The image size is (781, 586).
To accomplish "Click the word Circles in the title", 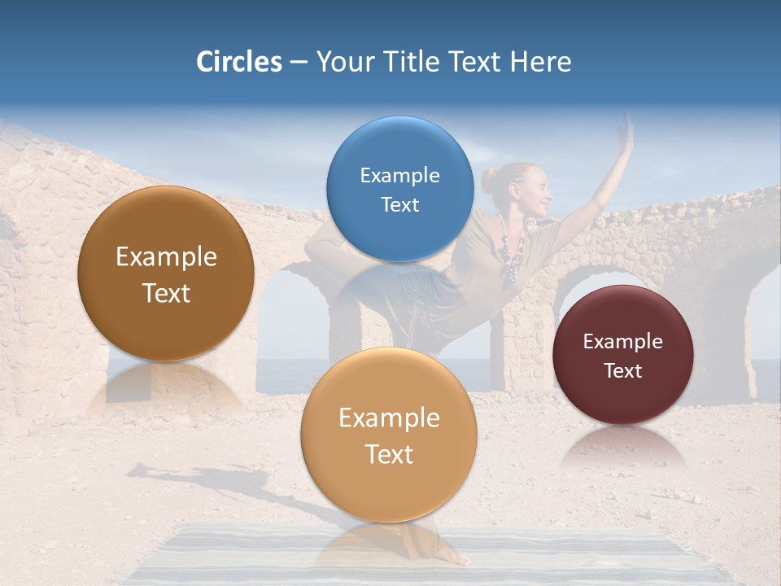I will coord(238,62).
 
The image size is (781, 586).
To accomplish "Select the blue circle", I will coord(399,189).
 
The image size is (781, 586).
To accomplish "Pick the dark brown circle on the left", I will coord(166,273).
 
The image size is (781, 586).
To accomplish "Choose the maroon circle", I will coord(622,355).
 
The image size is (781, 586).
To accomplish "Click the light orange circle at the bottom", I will coord(389,435).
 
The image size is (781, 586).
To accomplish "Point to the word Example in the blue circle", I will coord(399,175).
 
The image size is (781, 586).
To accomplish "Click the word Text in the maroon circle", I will coord(622,371).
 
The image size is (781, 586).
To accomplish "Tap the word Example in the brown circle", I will coord(166,257).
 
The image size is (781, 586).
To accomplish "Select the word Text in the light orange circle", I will coord(389,454).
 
